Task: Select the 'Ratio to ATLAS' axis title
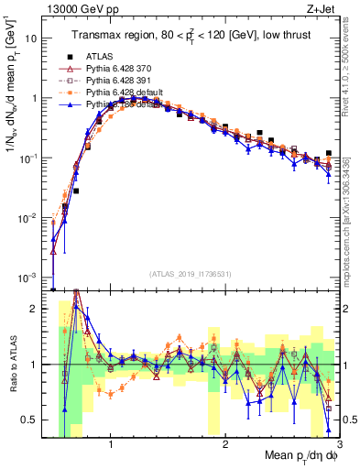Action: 11,365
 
